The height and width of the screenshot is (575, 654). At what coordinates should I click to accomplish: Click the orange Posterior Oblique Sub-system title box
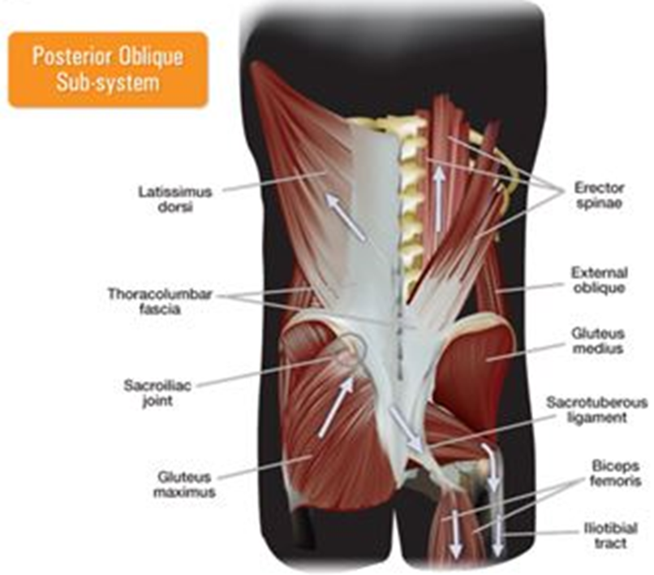click(x=108, y=70)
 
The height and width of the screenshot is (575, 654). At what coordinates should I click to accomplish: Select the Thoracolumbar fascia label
click(x=159, y=301)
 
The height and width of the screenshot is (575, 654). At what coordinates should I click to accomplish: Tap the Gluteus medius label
click(x=596, y=341)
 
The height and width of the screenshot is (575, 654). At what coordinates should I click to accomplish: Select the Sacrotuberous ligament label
click(x=596, y=409)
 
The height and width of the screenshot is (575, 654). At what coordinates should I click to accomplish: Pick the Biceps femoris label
click(x=615, y=473)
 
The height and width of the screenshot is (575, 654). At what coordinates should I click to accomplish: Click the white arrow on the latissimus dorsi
click(x=346, y=216)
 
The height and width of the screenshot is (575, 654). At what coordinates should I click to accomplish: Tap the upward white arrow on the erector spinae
click(x=437, y=195)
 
